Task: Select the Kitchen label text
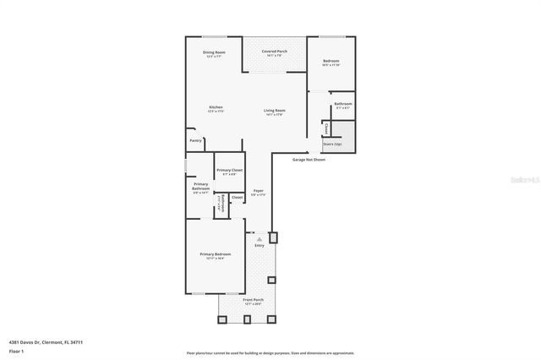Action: (216, 107)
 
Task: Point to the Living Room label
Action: (274, 111)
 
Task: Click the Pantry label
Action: (195, 140)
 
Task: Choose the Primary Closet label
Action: (229, 172)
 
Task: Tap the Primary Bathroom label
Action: (200, 187)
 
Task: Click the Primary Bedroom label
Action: (216, 255)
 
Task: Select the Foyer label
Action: (259, 192)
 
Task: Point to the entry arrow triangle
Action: (260, 239)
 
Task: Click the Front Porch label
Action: (254, 300)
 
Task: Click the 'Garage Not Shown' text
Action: (309, 159)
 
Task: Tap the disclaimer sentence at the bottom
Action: (270, 353)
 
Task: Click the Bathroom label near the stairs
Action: (343, 105)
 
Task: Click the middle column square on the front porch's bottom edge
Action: (247, 319)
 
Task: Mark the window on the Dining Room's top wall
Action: (213, 36)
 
